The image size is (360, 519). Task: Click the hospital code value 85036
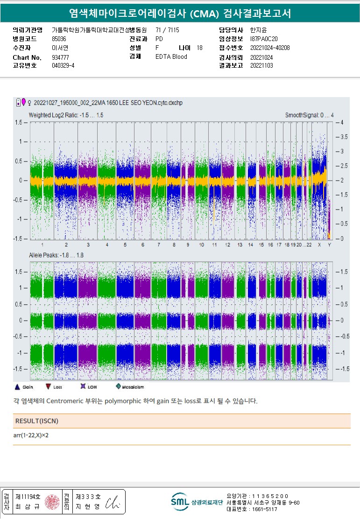coord(58,39)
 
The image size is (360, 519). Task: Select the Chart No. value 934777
coord(60,57)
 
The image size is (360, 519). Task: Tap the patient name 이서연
coord(60,48)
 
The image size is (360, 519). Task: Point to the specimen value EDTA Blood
coord(171,57)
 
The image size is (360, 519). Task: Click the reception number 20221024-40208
coord(270,48)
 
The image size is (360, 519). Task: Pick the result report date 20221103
coord(261,66)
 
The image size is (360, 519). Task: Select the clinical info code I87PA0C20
coord(264,39)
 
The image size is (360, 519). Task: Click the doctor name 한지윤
coord(259,30)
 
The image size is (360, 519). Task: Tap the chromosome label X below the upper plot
coord(319,245)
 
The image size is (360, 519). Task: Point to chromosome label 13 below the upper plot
coord(240,245)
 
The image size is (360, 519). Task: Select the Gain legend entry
coord(24,387)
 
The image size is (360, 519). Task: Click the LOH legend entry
coord(87,387)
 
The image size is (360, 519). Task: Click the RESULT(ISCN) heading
coord(37,421)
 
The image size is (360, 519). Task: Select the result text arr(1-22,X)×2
coord(32,435)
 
